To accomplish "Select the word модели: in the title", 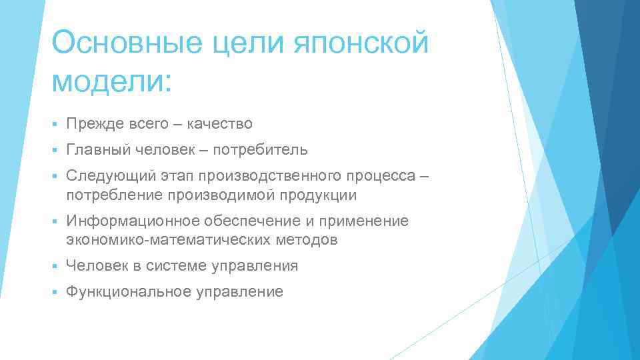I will point(111,81).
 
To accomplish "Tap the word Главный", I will point(98,150).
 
